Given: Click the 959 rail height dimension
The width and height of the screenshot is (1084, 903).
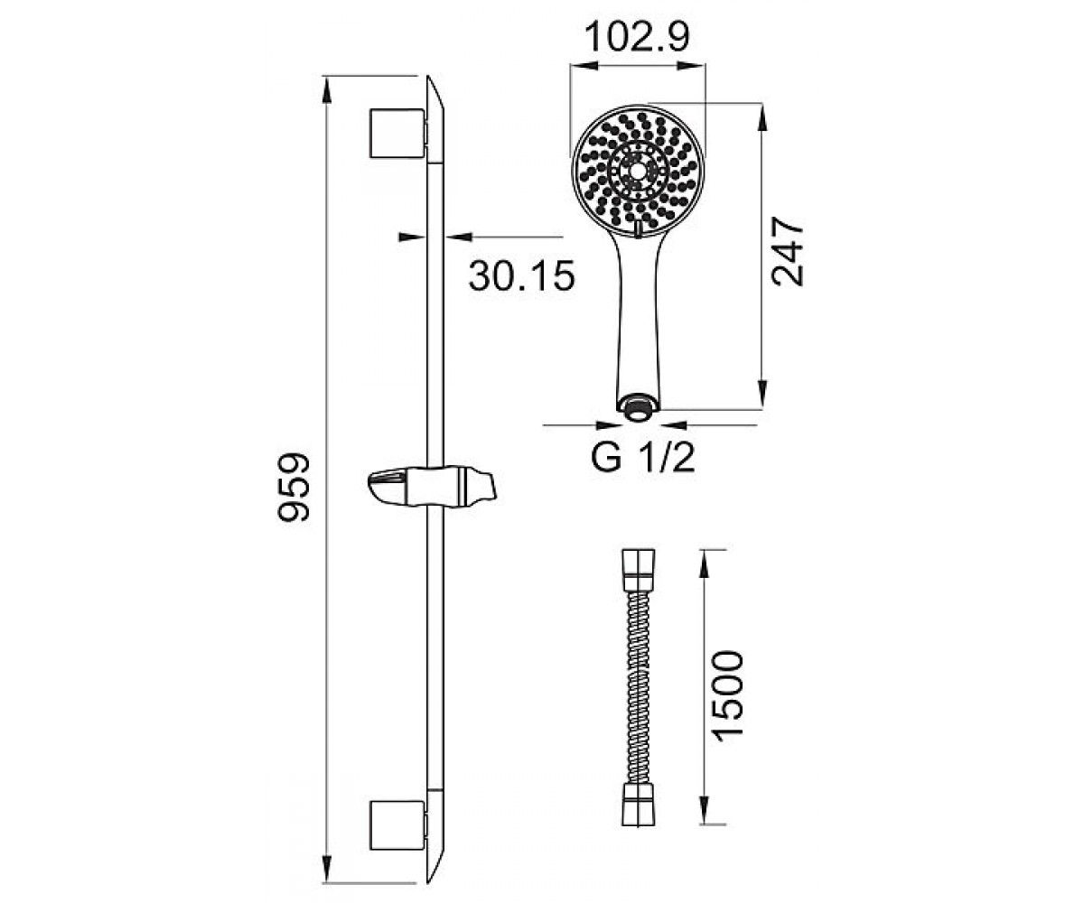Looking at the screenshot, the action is (294, 487).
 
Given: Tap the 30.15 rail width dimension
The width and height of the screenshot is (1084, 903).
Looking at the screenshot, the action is (522, 275).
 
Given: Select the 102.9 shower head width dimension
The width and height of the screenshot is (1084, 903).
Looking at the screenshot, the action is (638, 37).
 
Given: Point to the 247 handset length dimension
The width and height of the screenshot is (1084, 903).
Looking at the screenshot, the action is (787, 252).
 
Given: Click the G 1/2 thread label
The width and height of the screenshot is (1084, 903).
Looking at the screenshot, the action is (643, 458).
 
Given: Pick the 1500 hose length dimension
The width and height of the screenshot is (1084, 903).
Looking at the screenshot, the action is (727, 694).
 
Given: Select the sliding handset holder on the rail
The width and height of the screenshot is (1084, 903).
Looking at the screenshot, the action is (432, 488).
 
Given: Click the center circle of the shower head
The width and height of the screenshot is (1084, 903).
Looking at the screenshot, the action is (638, 171).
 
